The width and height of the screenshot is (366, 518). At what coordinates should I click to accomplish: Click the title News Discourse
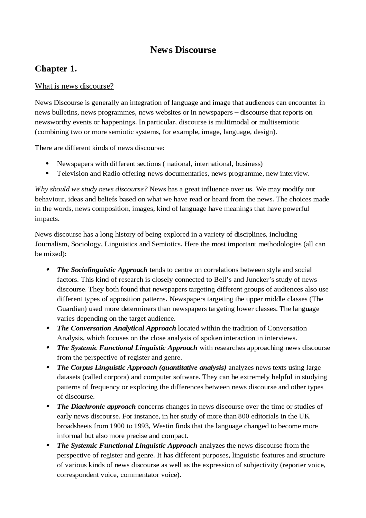coord(183,50)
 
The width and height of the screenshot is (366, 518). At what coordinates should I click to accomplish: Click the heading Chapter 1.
coord(56,69)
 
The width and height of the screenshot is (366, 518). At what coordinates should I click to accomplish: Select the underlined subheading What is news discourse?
coord(74,86)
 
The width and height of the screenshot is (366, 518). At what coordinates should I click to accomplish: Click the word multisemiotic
coord(279,122)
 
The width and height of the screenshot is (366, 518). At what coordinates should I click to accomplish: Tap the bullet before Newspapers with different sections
coord(47,164)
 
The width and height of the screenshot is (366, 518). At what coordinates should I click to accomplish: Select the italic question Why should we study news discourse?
coord(91,189)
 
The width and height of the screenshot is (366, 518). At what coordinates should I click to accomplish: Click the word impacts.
coord(47,219)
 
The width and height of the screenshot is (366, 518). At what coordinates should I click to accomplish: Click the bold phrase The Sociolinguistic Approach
coord(102,270)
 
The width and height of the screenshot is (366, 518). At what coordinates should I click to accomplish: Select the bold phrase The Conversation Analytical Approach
coord(116,328)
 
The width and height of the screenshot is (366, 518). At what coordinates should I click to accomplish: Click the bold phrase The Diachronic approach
coord(96,406)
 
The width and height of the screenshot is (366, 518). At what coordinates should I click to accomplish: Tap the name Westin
coord(163,426)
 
